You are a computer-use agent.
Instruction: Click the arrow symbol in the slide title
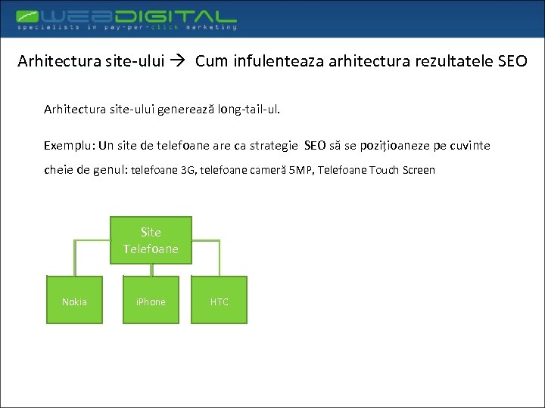pyautogui.click(x=182, y=61)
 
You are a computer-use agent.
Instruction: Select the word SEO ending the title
pyautogui.click(x=512, y=61)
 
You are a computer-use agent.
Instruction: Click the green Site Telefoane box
pyautogui.click(x=151, y=240)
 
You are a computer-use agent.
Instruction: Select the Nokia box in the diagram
pyautogui.click(x=74, y=301)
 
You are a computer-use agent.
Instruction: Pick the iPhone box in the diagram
pyautogui.click(x=151, y=301)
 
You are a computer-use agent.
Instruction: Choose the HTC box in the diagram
pyautogui.click(x=220, y=301)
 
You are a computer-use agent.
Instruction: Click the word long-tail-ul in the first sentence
pyautogui.click(x=248, y=110)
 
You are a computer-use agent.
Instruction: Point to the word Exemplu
pyautogui.click(x=67, y=145)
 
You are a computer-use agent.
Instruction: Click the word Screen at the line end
pyautogui.click(x=419, y=170)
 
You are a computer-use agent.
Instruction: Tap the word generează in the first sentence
pyautogui.click(x=185, y=110)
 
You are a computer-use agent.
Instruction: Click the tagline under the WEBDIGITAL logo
pyautogui.click(x=126, y=27)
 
